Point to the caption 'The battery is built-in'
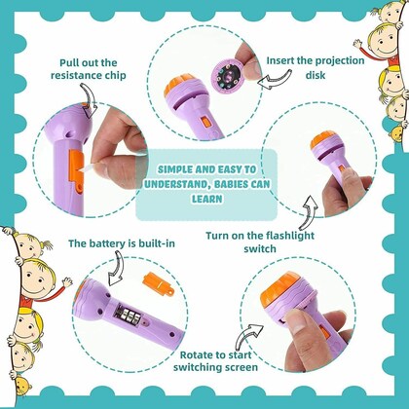click(x=109, y=242)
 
